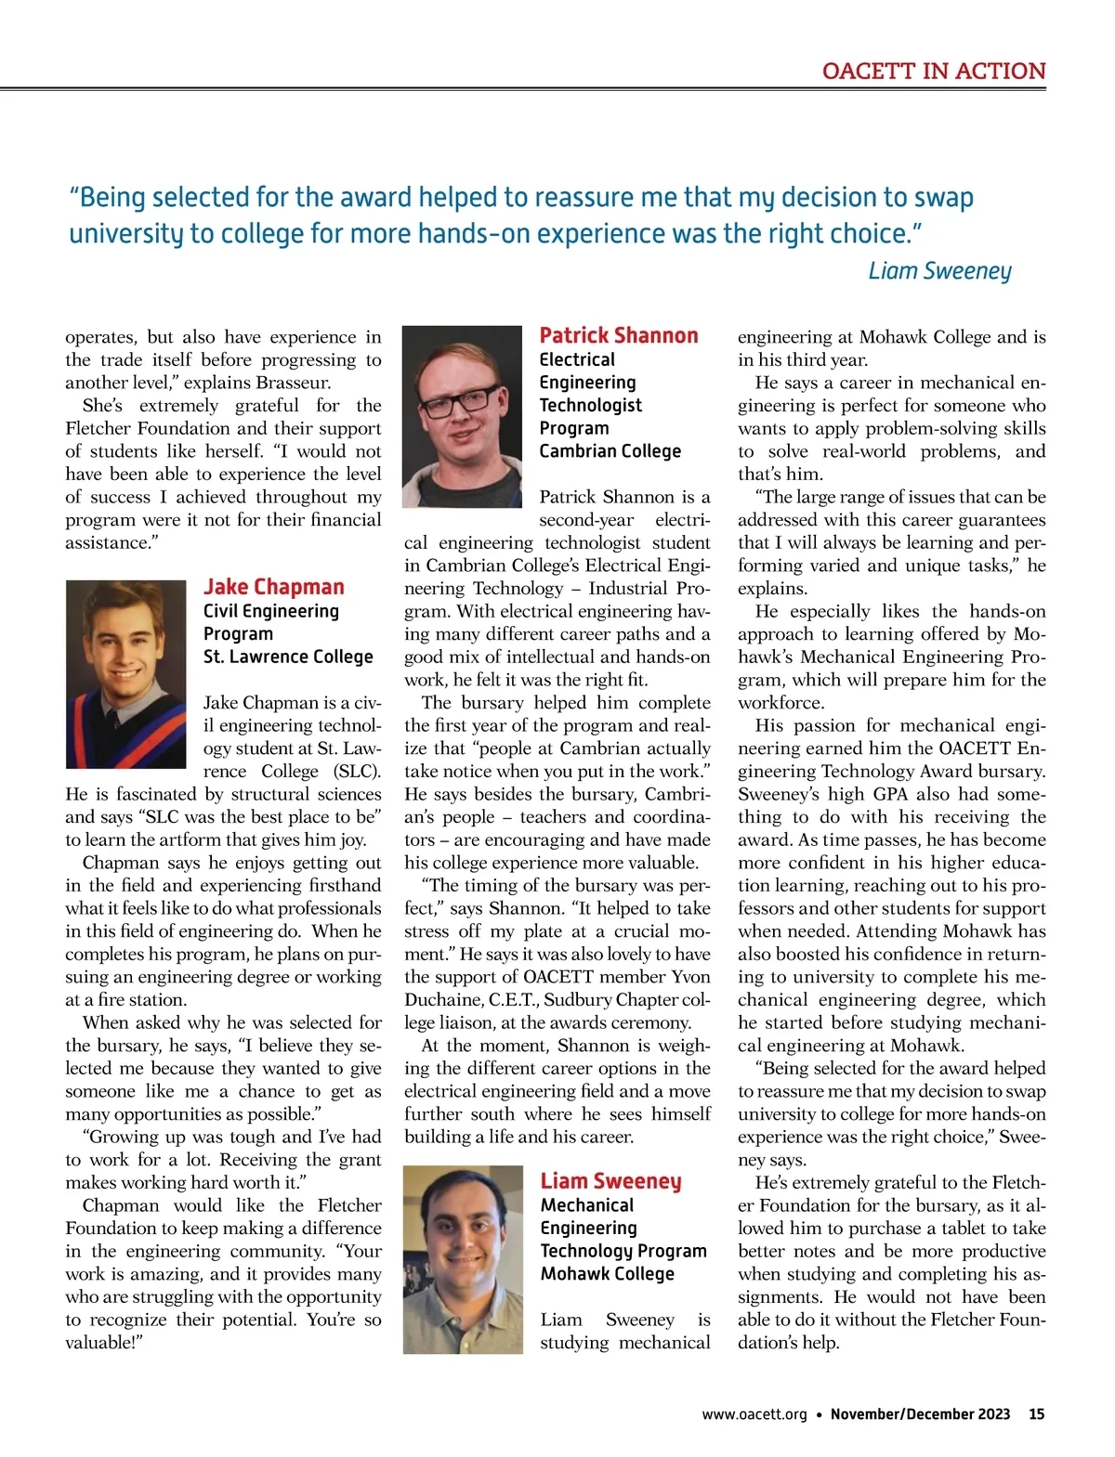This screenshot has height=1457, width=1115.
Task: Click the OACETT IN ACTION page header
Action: tap(933, 72)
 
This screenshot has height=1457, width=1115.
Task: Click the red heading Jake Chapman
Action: tap(273, 587)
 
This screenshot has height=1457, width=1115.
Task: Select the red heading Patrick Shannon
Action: tap(618, 335)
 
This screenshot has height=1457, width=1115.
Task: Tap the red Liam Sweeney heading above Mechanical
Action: tap(610, 1181)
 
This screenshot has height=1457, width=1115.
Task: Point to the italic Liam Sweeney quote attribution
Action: tap(938, 270)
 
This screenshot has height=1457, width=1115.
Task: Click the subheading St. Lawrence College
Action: tap(288, 657)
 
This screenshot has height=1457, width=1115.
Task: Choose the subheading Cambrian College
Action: tap(610, 451)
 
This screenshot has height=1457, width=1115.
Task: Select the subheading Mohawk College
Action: tap(607, 1274)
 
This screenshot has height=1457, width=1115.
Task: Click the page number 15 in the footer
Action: tap(1036, 1414)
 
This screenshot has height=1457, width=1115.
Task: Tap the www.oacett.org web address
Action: tap(754, 1414)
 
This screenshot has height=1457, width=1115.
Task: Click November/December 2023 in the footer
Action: tap(919, 1414)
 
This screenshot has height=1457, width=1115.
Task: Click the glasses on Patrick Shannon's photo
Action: tap(462, 401)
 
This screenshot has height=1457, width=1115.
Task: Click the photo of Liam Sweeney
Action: tap(463, 1259)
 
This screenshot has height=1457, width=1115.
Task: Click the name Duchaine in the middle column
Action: tap(441, 1000)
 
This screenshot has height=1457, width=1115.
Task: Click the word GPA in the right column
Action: tap(889, 795)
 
